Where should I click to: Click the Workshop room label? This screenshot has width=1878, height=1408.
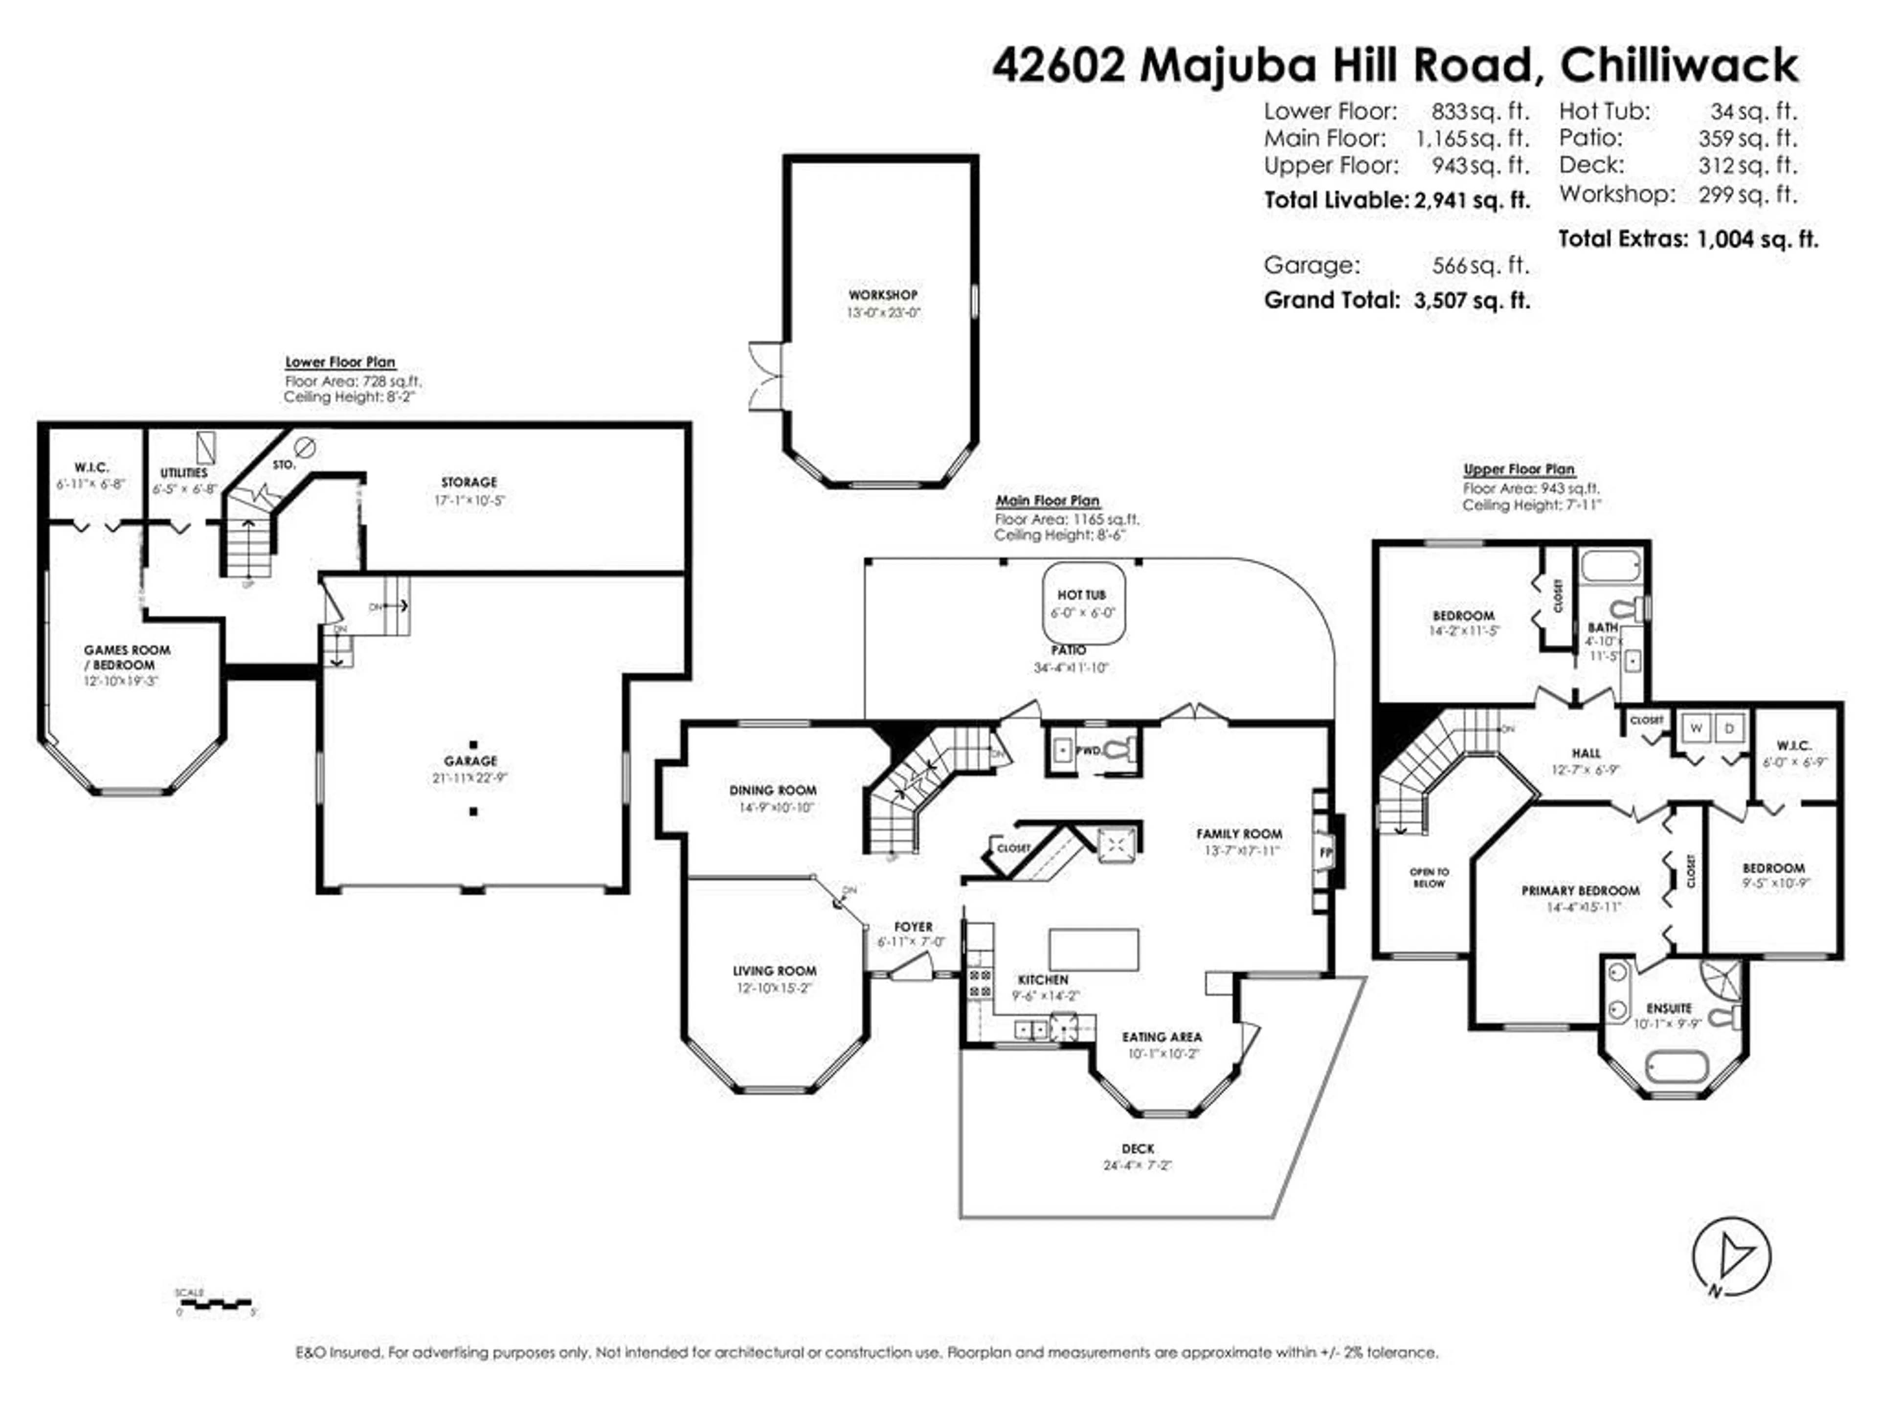tap(883, 294)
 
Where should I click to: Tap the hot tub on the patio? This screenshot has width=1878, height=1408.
tap(1083, 603)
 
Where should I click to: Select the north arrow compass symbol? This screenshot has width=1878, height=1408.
tap(1731, 1255)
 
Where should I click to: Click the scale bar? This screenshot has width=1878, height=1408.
tap(215, 1303)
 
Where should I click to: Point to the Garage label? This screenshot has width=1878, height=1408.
tap(470, 760)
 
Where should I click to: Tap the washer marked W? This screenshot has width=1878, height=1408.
tap(1696, 728)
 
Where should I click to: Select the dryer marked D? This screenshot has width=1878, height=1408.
tap(1729, 728)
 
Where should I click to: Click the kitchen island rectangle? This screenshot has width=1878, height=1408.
tap(1094, 949)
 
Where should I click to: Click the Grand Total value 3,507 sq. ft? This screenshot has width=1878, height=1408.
tap(1471, 301)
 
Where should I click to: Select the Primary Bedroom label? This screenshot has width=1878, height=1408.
tap(1580, 890)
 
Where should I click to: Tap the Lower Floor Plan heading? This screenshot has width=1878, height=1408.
tap(339, 362)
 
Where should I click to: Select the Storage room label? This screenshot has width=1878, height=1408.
tap(469, 482)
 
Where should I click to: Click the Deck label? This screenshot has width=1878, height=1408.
tap(1138, 1148)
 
